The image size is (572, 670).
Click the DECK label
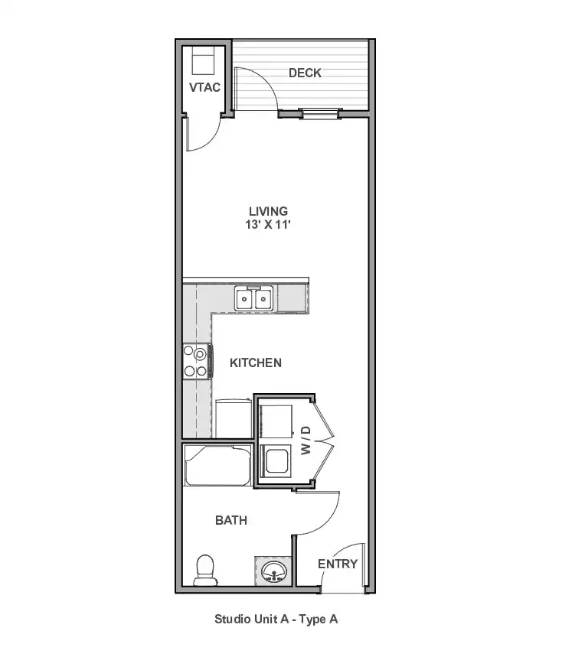tap(305, 73)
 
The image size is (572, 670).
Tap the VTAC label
tap(204, 88)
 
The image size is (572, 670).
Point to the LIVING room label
tap(268, 212)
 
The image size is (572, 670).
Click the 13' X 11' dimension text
tap(268, 224)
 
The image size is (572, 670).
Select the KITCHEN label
tap(256, 363)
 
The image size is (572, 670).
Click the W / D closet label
tap(306, 441)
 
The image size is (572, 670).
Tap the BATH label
tap(231, 520)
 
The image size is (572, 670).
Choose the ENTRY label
tap(338, 564)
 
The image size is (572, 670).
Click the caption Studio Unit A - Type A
tap(276, 620)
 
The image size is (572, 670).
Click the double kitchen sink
tap(253, 298)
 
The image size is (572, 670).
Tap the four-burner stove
tap(197, 361)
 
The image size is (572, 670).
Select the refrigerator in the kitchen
tap(234, 418)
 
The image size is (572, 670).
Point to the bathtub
tap(217, 465)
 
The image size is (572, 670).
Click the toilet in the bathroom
tap(205, 571)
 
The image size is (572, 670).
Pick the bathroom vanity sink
tap(274, 571)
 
